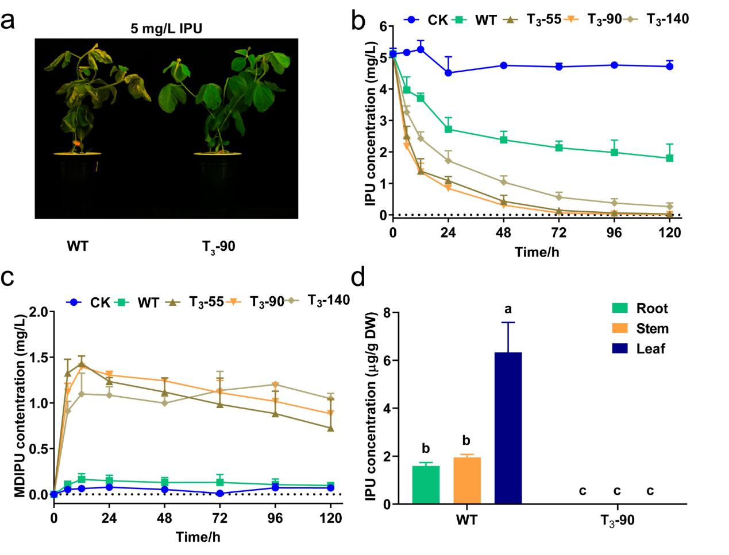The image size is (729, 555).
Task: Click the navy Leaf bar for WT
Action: tap(507, 428)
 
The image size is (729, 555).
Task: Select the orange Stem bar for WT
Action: tap(466, 481)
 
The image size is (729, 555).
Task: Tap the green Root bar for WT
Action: tap(426, 485)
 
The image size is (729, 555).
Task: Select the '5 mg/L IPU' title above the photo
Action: tap(167, 28)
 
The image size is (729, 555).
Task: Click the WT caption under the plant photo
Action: tap(78, 246)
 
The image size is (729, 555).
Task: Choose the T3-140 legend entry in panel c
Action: tap(328, 300)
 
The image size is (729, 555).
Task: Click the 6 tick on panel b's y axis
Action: tap(382, 26)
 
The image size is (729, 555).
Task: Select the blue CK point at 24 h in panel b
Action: tap(448, 73)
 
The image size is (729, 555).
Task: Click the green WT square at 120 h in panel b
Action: tap(669, 158)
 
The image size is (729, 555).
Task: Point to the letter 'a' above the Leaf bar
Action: tap(507, 310)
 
